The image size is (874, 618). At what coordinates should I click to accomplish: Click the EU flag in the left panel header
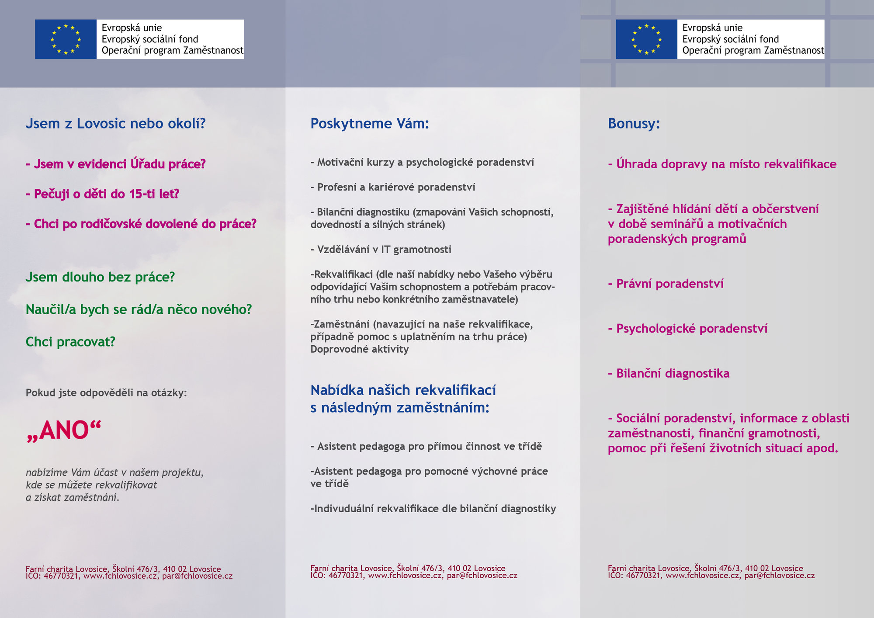pos(66,39)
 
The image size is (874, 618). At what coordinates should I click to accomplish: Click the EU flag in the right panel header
pos(646,39)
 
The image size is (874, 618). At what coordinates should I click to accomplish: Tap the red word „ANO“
pos(64,431)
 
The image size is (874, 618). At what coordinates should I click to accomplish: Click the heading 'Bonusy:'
pos(634,124)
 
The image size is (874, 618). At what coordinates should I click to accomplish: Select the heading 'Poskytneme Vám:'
pos(370,124)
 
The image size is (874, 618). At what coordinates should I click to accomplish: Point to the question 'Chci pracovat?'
pos(70,342)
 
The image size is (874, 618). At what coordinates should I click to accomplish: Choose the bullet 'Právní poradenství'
pos(669,284)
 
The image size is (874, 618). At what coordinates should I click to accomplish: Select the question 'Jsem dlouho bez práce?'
pos(100,277)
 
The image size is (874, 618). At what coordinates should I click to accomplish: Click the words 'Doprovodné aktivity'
pos(360,349)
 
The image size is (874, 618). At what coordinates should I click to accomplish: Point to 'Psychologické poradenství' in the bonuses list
pos(691,329)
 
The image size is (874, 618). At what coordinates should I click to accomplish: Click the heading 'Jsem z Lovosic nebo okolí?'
pos(115,124)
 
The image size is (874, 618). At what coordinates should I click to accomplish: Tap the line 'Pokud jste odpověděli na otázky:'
pos(106,393)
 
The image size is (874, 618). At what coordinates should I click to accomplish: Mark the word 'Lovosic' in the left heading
pos(101,124)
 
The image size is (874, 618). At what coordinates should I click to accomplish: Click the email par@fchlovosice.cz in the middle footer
pos(482,576)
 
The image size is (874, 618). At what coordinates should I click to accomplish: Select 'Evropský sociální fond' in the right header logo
pos(731,39)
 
